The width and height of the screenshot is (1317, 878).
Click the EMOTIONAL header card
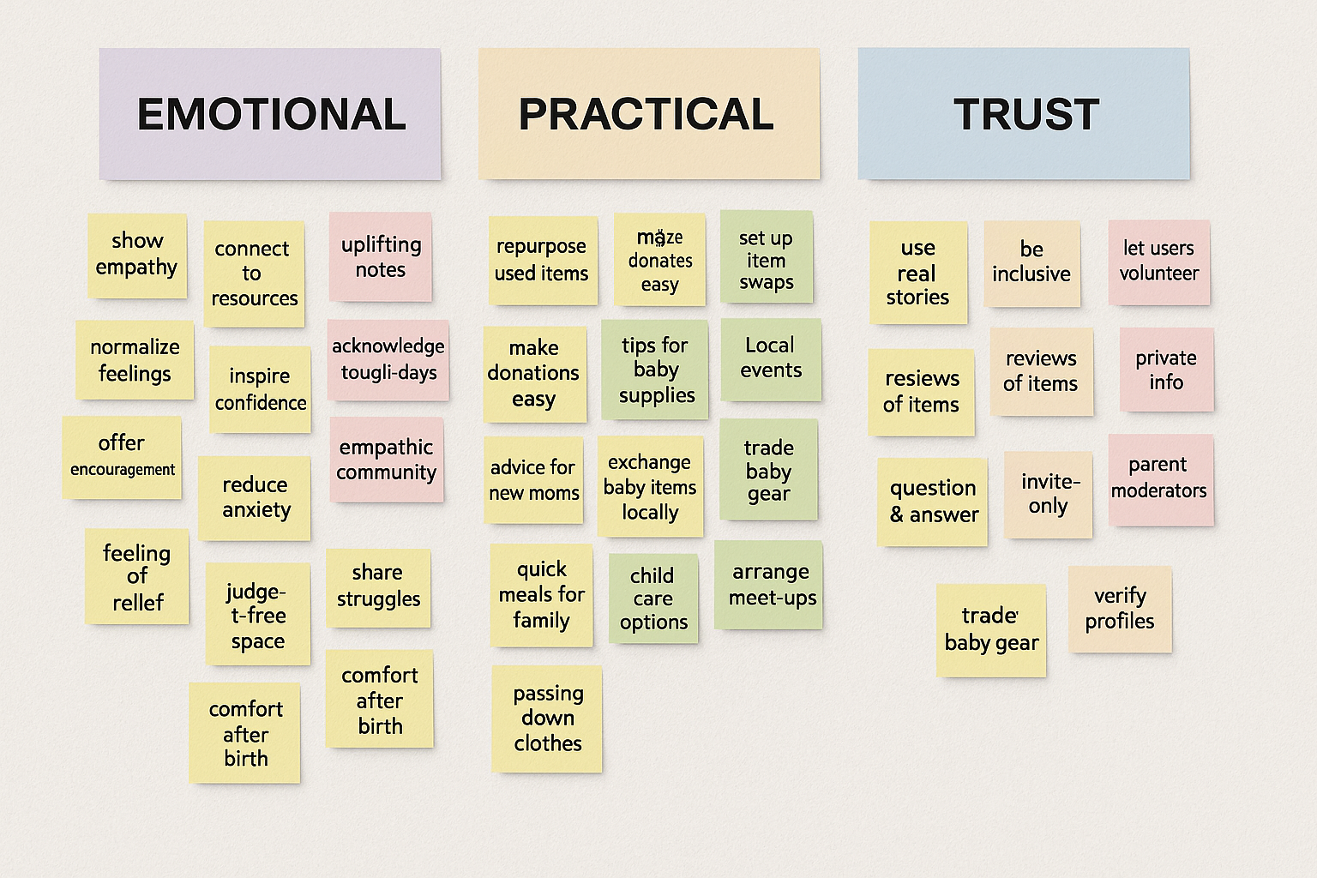pos(270,114)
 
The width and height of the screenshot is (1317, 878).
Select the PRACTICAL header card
pos(648,114)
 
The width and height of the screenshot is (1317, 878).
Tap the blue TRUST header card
pos(1024,114)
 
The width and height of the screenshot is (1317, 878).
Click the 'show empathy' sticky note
pos(137,256)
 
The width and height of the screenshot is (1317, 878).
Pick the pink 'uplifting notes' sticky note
pos(381,257)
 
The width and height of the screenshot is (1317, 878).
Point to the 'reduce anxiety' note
pos(255,498)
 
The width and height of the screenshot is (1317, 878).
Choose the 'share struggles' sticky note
pos(378,587)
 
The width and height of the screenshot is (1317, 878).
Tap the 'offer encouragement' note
pos(122,457)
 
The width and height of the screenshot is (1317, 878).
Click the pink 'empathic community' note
pos(387,460)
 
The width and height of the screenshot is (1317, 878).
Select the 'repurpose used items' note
pos(542,261)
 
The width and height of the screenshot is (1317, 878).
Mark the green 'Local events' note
pos(771,359)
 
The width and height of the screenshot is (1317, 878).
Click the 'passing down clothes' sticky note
pos(547,719)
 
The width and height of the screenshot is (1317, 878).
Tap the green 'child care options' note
pos(653,598)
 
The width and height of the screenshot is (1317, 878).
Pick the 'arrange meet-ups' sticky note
pos(769,585)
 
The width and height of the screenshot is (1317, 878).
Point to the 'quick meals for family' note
pos(541,595)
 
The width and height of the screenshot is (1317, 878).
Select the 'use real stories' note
pos(917,274)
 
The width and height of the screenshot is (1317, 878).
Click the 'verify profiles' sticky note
pos(1120,610)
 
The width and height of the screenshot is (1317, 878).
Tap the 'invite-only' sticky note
pos(1048,495)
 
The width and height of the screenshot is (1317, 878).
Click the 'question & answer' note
pos(932,502)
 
